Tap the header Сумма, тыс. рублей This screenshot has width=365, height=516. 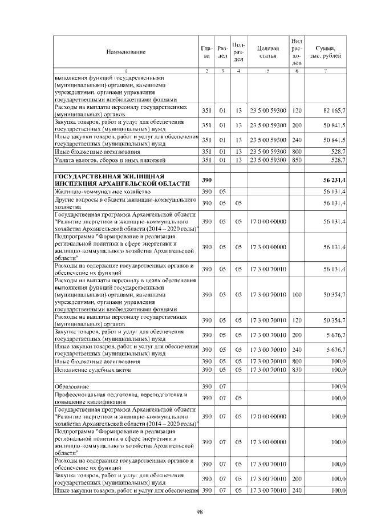pyautogui.click(x=325, y=52)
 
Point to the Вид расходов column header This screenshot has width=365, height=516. pyautogui.click(x=297, y=52)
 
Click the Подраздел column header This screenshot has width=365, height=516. pyautogui.click(x=240, y=52)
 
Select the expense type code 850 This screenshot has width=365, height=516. pyautogui.click(x=297, y=160)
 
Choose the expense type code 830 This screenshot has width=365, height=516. pyautogui.click(x=297, y=370)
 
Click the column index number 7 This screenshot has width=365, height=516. pyautogui.click(x=325, y=71)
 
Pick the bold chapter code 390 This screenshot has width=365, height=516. pyautogui.click(x=206, y=180)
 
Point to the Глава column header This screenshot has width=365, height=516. pyautogui.click(x=206, y=52)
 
